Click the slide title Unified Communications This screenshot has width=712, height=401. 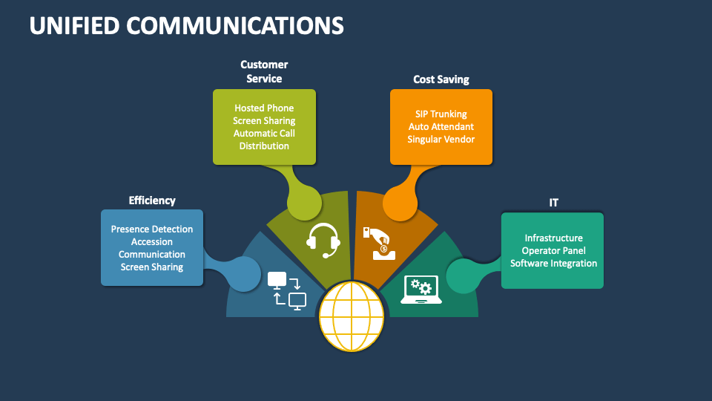pos(186,25)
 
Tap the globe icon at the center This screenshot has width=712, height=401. pos(352,316)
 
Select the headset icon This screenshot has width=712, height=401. pos(323,239)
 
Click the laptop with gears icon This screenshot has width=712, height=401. pos(421,290)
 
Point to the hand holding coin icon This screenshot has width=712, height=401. pos(378,243)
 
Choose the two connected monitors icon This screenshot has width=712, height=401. pos(287,290)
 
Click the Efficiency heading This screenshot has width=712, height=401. pos(152,200)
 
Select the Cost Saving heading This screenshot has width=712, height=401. pos(441,79)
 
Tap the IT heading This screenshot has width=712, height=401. pos(553,202)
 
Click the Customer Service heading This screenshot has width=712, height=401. pos(264,71)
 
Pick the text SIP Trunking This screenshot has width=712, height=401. pos(441,114)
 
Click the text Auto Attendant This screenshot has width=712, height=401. pos(441,127)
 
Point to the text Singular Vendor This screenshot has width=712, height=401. pos(441,140)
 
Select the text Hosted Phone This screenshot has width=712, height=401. pos(264,108)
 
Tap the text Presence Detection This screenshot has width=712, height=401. pos(152,229)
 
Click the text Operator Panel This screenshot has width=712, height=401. pos(553,251)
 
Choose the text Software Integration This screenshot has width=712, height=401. pos(553,264)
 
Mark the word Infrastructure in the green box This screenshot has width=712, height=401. pos(553,238)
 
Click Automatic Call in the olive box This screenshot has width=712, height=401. pos(264,134)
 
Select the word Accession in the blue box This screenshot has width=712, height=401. pos(152,242)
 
